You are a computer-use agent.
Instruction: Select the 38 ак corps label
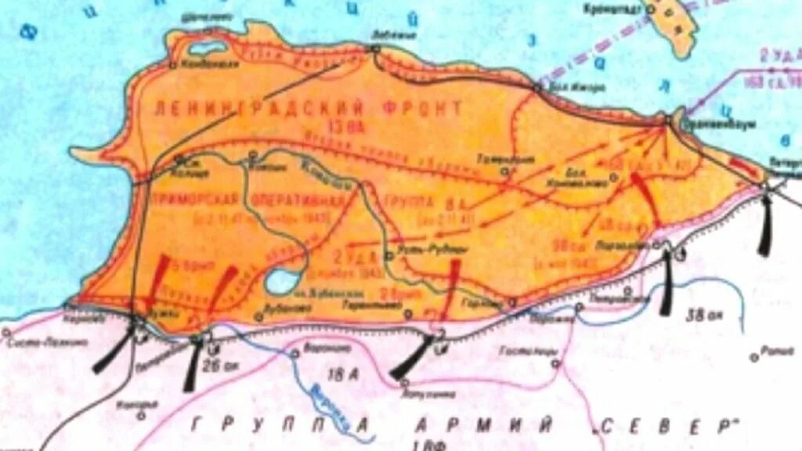click(x=703, y=316)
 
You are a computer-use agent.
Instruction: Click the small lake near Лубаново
click(x=280, y=280)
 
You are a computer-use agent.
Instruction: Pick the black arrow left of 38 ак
click(x=667, y=282)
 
